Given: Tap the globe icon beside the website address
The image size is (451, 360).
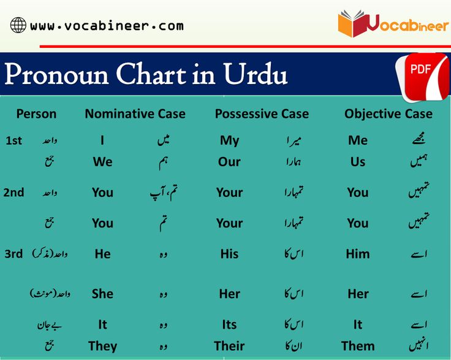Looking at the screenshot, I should pyautogui.click(x=18, y=26).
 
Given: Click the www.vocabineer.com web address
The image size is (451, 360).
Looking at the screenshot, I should pyautogui.click(x=106, y=26).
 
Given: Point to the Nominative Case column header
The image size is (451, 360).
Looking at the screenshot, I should pyautogui.click(x=135, y=113).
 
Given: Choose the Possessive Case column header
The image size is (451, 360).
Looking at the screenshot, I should pyautogui.click(x=262, y=113).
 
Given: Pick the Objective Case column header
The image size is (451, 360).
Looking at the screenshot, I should pyautogui.click(x=388, y=113).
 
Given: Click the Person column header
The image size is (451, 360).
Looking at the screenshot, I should pyautogui.click(x=36, y=113).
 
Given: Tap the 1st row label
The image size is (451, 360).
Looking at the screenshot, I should pyautogui.click(x=13, y=140).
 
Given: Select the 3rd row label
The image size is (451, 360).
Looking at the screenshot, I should pyautogui.click(x=13, y=253).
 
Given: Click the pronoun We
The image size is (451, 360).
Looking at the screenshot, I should pyautogui.click(x=102, y=162).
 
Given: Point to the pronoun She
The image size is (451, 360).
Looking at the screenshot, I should pyautogui.click(x=102, y=293).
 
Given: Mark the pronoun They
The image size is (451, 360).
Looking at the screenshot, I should pyautogui.click(x=102, y=346).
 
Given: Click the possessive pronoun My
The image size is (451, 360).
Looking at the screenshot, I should pyautogui.click(x=229, y=140).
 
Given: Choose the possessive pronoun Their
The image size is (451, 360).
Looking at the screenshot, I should pyautogui.click(x=229, y=346).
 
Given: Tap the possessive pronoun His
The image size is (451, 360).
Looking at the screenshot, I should pyautogui.click(x=229, y=253).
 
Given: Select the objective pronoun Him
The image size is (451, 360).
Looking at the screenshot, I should pyautogui.click(x=358, y=253).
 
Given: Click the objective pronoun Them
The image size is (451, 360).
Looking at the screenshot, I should pyautogui.click(x=358, y=346).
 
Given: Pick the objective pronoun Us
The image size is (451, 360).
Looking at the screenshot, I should pyautogui.click(x=358, y=162).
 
